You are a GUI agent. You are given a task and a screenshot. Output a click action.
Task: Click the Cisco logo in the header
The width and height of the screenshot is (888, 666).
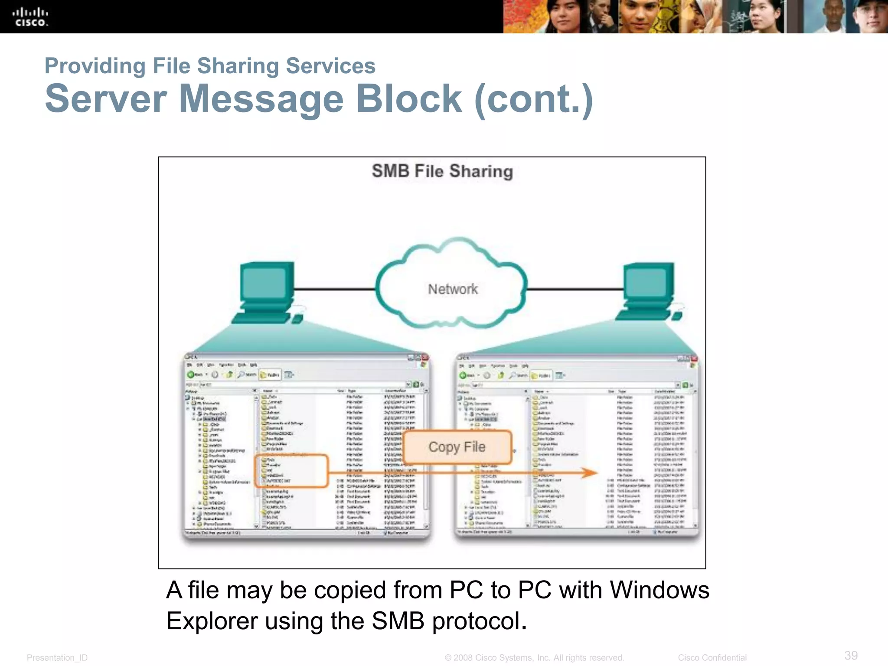pyautogui.click(x=30, y=17)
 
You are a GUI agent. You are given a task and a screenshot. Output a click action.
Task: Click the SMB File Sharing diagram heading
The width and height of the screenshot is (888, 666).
pyautogui.click(x=442, y=171)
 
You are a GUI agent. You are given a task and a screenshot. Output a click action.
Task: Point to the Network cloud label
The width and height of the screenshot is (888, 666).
pyautogui.click(x=453, y=289)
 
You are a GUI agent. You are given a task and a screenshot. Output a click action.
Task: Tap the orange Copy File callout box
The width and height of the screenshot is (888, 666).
pyautogui.click(x=457, y=447)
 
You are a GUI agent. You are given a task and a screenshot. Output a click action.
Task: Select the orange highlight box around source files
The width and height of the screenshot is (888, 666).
pyautogui.click(x=291, y=471)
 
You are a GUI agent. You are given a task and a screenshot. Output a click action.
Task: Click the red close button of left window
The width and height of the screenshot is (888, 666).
pyautogui.click(x=425, y=357)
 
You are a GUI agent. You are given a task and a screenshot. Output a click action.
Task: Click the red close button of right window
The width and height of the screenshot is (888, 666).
pyautogui.click(x=694, y=359)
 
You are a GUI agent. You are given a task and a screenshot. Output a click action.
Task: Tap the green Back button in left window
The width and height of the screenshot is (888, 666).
pyautogui.click(x=191, y=374)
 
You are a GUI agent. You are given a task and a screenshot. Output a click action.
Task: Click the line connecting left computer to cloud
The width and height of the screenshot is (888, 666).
pyautogui.click(x=334, y=289)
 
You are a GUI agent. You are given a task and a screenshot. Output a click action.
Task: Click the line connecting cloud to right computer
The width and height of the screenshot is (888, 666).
pyautogui.click(x=575, y=289)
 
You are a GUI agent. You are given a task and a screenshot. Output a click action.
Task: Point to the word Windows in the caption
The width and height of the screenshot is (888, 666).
pyautogui.click(x=659, y=591)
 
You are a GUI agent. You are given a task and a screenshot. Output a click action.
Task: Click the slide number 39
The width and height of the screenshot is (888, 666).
pyautogui.click(x=851, y=655)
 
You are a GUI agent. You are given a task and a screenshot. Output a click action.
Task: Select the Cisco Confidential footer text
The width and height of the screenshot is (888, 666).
pyautogui.click(x=712, y=658)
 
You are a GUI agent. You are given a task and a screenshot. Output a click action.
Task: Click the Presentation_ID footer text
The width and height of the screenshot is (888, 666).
pyautogui.click(x=57, y=658)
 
